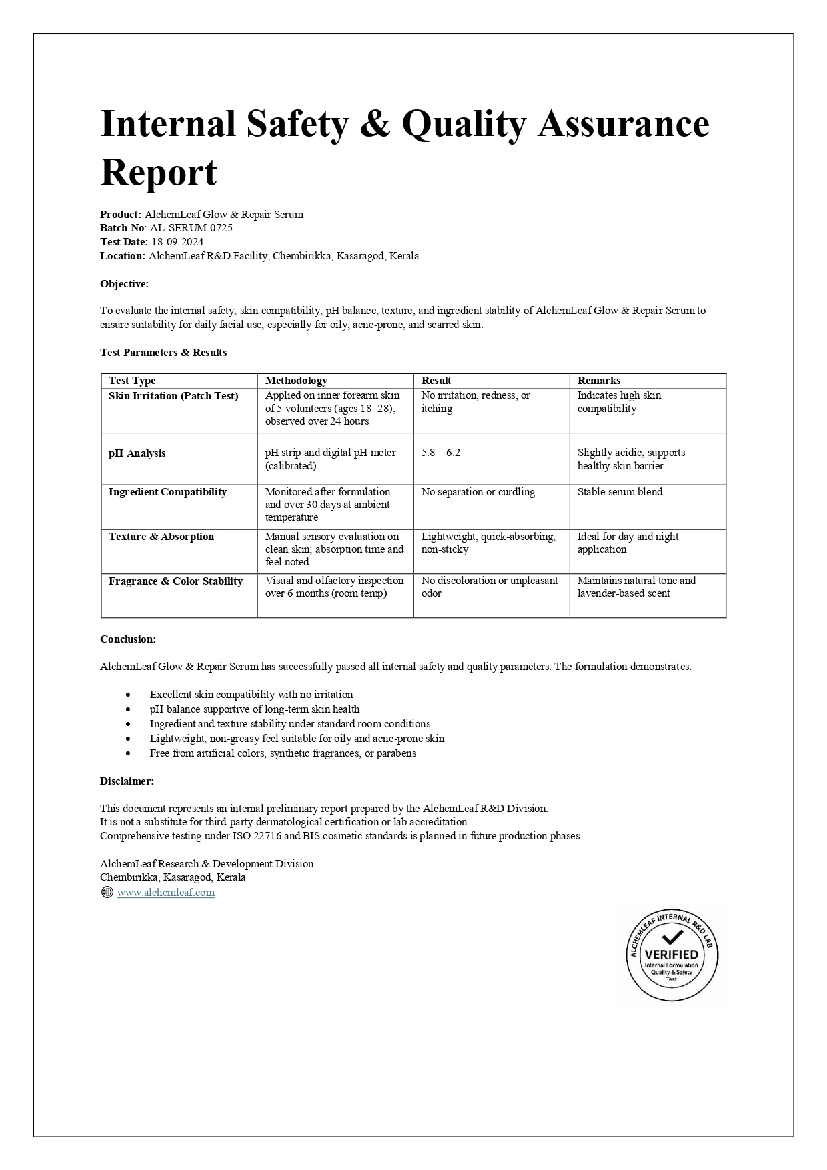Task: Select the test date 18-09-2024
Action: click(177, 242)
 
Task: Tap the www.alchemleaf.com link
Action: click(166, 893)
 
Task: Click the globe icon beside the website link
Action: click(107, 893)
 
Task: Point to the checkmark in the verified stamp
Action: click(672, 937)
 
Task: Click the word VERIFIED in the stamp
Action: click(672, 955)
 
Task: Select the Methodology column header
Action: click(296, 381)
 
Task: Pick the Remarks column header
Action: click(599, 381)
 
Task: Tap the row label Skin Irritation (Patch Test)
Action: click(173, 396)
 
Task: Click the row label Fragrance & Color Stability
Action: click(175, 581)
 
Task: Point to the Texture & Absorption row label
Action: click(161, 537)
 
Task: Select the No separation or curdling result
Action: click(478, 492)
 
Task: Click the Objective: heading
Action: click(125, 284)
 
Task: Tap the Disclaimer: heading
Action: click(127, 781)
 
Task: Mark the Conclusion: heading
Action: click(128, 639)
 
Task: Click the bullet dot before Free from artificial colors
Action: click(128, 753)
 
